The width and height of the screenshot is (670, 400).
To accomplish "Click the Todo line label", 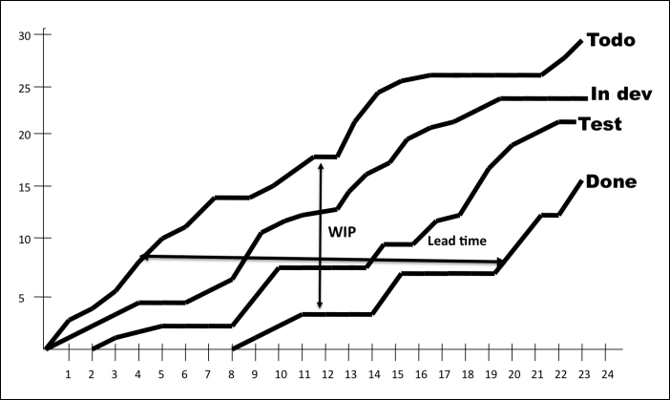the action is pyautogui.click(x=611, y=40).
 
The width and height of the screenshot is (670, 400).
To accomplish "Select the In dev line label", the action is pyautogui.click(x=621, y=94).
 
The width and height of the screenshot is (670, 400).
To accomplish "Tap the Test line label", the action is pyautogui.click(x=600, y=124).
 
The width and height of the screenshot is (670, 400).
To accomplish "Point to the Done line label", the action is pyautogui.click(x=611, y=181).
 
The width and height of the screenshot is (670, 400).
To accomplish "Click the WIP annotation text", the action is pyautogui.click(x=342, y=232).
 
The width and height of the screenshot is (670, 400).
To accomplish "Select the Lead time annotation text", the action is pyautogui.click(x=457, y=241).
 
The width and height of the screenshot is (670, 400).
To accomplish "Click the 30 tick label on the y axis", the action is pyautogui.click(x=25, y=36).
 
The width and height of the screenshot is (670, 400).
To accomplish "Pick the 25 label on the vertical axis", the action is pyautogui.click(x=25, y=88).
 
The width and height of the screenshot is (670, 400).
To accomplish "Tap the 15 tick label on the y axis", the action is pyautogui.click(x=25, y=187).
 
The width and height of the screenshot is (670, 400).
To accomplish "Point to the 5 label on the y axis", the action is pyautogui.click(x=21, y=298).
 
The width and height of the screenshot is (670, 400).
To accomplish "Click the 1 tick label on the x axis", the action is pyautogui.click(x=68, y=375).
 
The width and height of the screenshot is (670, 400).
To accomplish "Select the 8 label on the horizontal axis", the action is pyautogui.click(x=231, y=375).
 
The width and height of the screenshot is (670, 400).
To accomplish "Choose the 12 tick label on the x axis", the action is pyautogui.click(x=327, y=375).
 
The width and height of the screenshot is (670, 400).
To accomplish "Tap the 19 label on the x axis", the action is pyautogui.click(x=491, y=375).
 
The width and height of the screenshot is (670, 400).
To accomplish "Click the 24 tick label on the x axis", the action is pyautogui.click(x=607, y=375).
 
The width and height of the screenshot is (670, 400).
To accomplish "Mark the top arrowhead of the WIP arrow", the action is pyautogui.click(x=321, y=166).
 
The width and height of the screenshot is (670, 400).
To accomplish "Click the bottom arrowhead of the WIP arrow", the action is pyautogui.click(x=320, y=305).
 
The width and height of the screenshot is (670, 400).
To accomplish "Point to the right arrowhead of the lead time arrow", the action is pyautogui.click(x=500, y=262).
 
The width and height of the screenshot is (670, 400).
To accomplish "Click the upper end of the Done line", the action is pyautogui.click(x=581, y=181).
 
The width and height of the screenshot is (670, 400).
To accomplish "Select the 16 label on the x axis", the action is pyautogui.click(x=421, y=375).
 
